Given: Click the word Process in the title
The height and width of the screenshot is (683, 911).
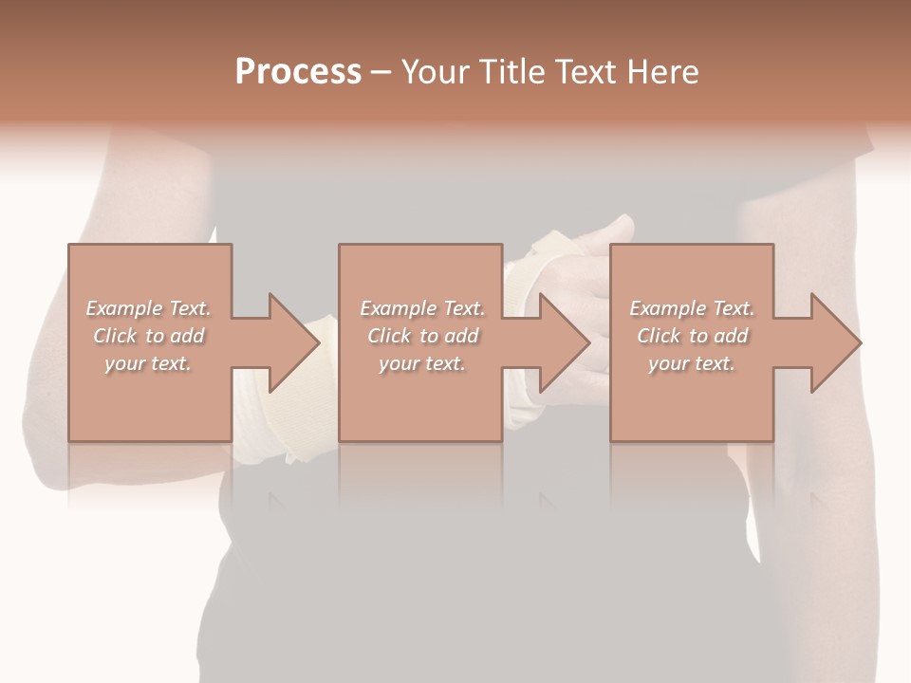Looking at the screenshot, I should tap(298, 72).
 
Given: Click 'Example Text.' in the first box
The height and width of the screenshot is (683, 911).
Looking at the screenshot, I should tap(149, 308).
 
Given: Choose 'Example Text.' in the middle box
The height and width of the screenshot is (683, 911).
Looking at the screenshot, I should tap(422, 308).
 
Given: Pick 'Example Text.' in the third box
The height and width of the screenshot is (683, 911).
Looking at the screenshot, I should tap(692, 308).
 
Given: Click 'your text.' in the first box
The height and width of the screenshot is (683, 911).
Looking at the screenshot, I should tap(148, 363).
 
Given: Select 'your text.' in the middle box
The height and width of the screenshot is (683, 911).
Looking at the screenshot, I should tap(421, 363).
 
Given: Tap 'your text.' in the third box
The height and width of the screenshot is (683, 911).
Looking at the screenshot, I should tap(691, 363).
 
